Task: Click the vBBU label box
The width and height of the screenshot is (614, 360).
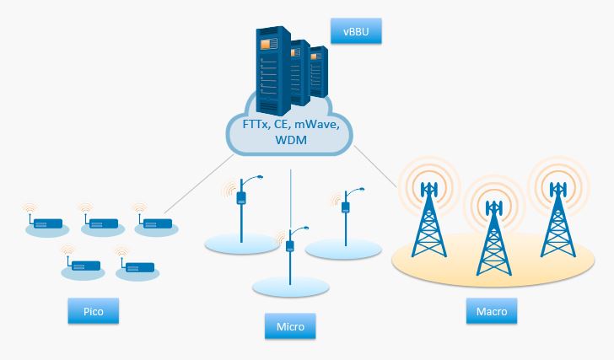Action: [356, 31]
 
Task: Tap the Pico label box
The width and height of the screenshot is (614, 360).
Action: [93, 311]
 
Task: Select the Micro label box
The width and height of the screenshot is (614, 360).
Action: [290, 326]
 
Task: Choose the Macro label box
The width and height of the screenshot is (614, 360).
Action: [492, 311]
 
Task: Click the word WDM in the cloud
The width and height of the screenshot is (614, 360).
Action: [291, 140]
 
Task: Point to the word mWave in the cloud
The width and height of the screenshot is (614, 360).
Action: [316, 125]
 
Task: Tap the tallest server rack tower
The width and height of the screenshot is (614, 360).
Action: [273, 71]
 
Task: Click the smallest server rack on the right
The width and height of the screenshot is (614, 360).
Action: [319, 72]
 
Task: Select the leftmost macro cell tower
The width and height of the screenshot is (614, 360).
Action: [429, 220]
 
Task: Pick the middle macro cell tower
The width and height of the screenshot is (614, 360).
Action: [493, 238]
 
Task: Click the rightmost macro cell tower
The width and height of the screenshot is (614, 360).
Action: [557, 220]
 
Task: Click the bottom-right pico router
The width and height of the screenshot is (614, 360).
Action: [137, 266]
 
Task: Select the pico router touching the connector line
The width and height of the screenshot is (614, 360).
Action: [155, 223]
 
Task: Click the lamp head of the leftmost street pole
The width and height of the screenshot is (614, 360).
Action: [258, 177]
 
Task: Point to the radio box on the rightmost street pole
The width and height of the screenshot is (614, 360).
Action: [346, 207]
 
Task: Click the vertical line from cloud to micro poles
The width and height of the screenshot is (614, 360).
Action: [290, 200]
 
